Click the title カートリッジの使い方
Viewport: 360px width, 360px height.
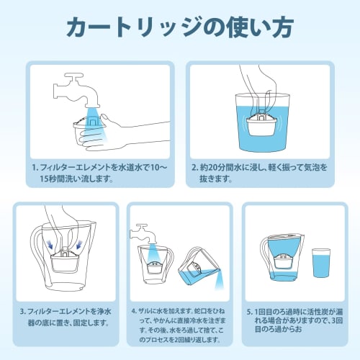180,27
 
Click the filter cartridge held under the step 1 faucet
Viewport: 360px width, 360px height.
89,130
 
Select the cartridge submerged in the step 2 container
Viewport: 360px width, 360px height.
261,125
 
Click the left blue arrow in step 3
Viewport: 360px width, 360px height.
51,244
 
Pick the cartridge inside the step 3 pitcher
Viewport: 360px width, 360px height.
64,262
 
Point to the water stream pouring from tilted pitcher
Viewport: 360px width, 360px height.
219,281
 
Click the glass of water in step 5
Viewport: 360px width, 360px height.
321,263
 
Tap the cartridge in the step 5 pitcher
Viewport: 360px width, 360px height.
284,261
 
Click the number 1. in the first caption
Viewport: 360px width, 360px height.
35,167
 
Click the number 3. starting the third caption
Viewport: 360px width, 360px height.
23,312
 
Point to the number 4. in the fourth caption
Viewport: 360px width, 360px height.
135,311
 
